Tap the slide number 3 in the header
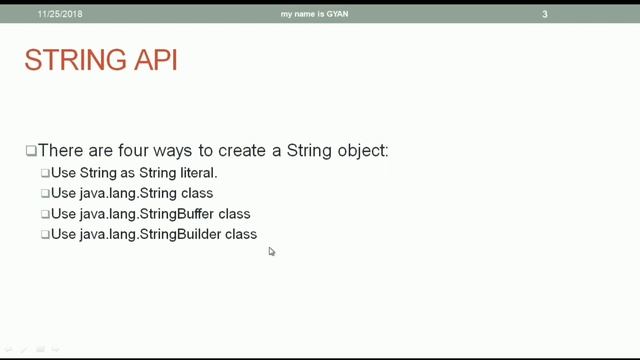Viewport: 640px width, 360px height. click(x=545, y=14)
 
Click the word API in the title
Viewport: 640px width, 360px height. click(x=150, y=61)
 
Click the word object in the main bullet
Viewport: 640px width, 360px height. click(x=362, y=151)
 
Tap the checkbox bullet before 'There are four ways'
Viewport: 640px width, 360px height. click(x=31, y=151)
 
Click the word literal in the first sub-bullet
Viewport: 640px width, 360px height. click(x=197, y=173)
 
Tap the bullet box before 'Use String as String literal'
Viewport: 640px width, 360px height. click(x=45, y=173)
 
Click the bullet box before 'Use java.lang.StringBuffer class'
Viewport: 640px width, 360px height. click(x=45, y=214)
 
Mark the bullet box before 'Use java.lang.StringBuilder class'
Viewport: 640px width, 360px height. click(x=45, y=234)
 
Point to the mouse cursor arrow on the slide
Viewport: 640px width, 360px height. click(x=271, y=251)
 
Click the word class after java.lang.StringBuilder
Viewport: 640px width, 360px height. click(x=241, y=234)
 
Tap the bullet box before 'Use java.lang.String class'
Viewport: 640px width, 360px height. click(x=45, y=193)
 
